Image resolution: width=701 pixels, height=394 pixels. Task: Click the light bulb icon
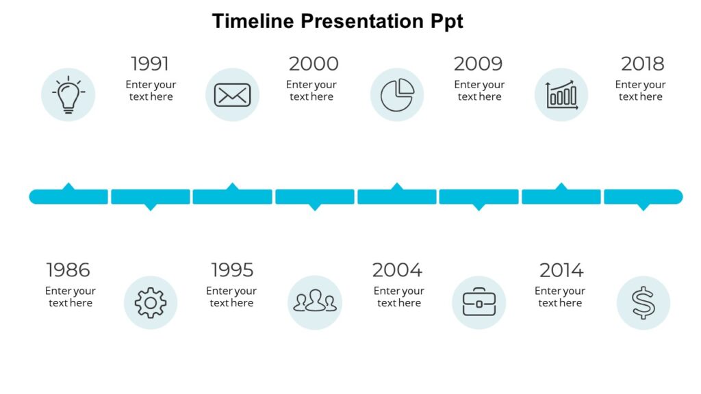point(68,95)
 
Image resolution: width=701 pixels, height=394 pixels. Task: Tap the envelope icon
point(232,95)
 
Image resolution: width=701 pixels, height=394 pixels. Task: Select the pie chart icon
point(397,95)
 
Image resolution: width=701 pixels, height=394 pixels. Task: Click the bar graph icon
point(561,95)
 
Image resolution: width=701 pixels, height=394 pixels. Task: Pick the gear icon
point(151,302)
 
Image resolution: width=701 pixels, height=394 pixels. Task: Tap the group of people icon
point(315,302)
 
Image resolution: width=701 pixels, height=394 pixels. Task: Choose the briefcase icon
point(479,302)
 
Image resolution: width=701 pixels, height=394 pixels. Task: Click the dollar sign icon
point(643,302)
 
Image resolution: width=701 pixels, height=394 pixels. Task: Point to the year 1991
point(150,64)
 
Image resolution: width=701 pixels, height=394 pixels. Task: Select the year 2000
point(314,64)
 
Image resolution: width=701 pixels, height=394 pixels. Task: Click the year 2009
point(479,64)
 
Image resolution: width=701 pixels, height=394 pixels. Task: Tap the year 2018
point(642,64)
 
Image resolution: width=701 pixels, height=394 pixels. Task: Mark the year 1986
point(68,270)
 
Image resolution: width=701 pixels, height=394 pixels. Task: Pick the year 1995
point(232,270)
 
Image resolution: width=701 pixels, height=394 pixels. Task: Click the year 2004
point(397,270)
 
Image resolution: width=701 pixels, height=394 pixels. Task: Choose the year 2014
point(561,270)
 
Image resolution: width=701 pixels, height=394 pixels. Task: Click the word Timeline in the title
point(253,21)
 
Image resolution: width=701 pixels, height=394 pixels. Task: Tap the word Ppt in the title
point(446,21)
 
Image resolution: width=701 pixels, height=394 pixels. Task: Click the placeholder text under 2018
point(640,91)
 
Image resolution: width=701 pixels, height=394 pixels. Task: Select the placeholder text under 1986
point(71,297)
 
